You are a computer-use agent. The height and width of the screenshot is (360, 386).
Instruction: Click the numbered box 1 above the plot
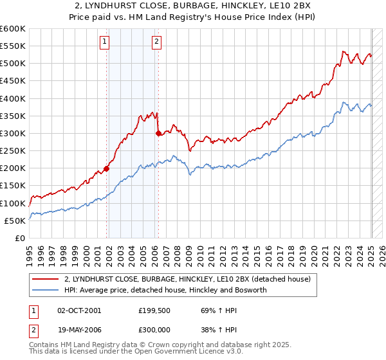(x=104, y=42)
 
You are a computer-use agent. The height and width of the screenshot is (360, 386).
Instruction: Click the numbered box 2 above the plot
(x=156, y=42)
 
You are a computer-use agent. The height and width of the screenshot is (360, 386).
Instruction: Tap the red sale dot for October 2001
(x=107, y=168)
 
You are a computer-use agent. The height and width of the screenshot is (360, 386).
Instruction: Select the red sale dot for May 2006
(x=158, y=134)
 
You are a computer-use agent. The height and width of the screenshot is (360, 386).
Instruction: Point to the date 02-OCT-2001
(x=79, y=310)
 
